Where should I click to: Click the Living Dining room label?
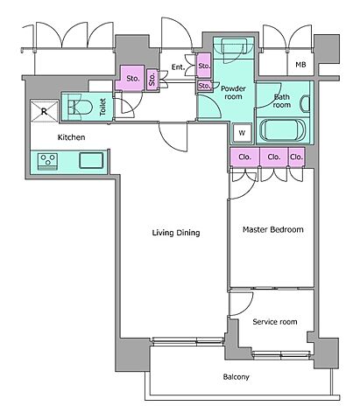(176, 233)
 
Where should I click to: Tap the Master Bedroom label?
(273, 229)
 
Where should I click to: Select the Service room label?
(275, 322)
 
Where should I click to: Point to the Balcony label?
(236, 377)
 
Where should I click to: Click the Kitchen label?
(71, 137)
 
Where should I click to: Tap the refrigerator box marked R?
(45, 111)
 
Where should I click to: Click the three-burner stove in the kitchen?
(47, 162)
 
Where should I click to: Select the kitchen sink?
(91, 160)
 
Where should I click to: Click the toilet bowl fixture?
(80, 107)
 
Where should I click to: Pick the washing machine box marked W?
(242, 133)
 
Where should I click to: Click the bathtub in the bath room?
(283, 130)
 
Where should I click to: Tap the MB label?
(300, 65)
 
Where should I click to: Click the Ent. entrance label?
(178, 67)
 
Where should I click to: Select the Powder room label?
(233, 93)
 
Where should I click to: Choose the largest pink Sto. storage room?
(131, 78)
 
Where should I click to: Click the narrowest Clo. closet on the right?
(297, 157)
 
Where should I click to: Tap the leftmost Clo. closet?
(244, 157)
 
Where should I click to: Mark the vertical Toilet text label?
(102, 107)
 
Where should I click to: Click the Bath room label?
(282, 101)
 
